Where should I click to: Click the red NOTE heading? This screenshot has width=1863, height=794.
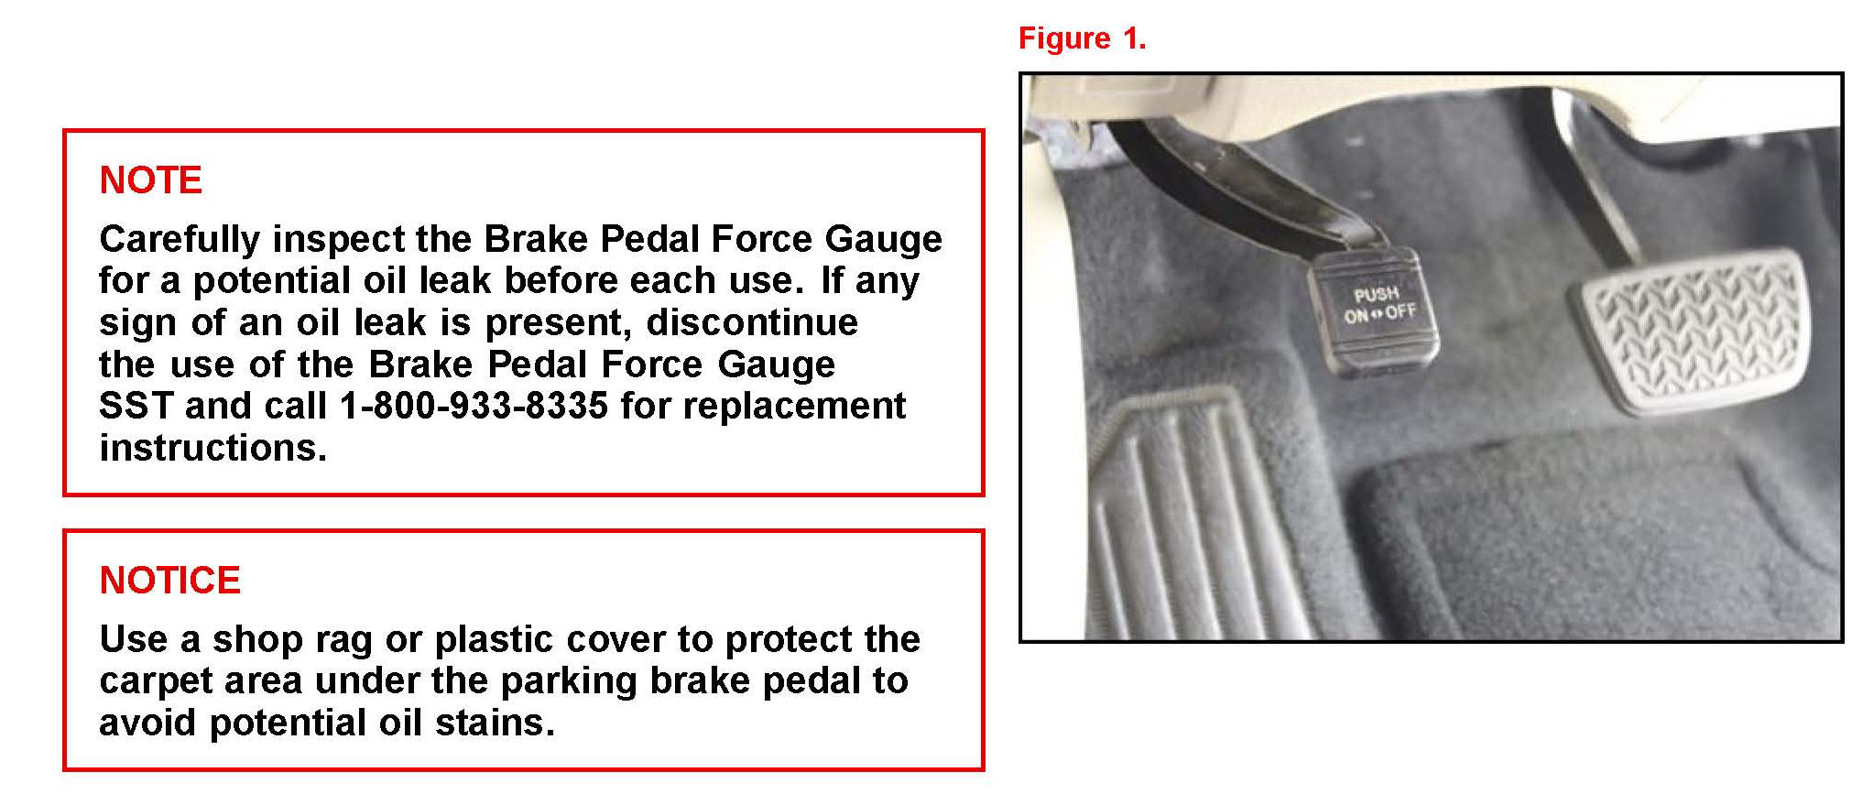150,179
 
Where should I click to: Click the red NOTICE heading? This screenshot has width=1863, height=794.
169,580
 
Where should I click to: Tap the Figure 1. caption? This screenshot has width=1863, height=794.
1082,38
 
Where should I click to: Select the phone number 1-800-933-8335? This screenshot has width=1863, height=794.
474,405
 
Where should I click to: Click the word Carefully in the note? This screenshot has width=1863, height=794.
180,240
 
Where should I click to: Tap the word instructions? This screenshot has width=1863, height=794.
212,447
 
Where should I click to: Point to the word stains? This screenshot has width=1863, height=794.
495,723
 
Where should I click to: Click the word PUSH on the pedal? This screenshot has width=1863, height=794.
1376,294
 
